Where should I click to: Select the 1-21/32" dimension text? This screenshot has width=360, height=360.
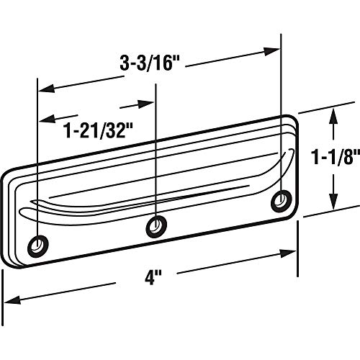coord(98,130)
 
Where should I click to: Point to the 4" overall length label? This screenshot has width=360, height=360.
coord(153,278)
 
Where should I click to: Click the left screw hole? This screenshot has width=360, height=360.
coord(38,246)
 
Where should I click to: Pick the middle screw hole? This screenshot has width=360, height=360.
coord(157,227)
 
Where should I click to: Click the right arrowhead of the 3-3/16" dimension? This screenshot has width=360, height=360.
coord(271,52)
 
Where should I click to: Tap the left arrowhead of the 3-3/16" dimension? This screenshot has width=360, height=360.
coord(47,89)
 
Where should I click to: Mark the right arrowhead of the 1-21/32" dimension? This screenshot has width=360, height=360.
coord(145,104)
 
